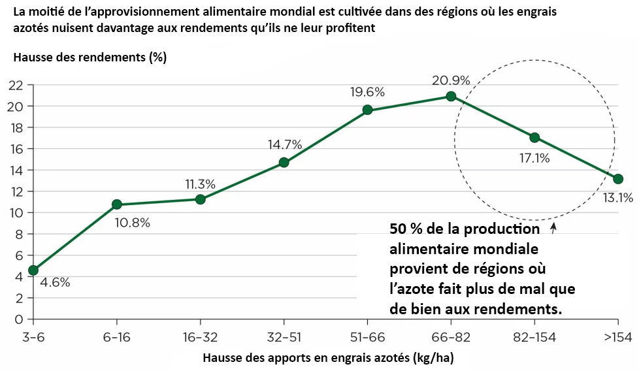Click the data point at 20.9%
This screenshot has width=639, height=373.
tap(451, 96)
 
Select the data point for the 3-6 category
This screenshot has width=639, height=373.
tap(33, 270)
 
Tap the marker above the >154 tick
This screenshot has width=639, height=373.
tap(618, 179)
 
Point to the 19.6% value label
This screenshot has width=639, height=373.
tap(367, 92)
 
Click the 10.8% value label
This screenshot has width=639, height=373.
tap(132, 223)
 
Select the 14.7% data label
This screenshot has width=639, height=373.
tap(285, 144)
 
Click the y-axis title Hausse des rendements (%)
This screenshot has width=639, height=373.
tap(90, 57)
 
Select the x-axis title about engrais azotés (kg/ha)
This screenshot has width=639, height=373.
tap(327, 358)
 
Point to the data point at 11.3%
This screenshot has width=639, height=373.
tap(200, 199)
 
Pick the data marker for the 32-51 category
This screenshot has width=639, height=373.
tap(284, 162)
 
